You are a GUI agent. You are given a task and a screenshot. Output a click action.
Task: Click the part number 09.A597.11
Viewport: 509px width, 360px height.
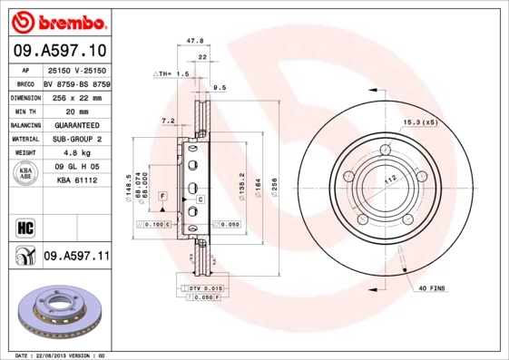click(x=76, y=257)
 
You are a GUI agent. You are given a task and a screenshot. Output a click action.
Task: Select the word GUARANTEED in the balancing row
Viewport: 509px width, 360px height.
click(x=76, y=125)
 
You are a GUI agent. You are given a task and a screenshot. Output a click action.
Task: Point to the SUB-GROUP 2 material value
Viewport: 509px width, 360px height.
click(x=76, y=139)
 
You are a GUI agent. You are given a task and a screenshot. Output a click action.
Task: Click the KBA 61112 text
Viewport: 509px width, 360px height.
click(x=76, y=181)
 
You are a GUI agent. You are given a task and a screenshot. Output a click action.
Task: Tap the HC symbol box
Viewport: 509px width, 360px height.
click(x=24, y=227)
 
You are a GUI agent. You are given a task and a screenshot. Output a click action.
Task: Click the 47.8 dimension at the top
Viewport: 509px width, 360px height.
click(x=193, y=41)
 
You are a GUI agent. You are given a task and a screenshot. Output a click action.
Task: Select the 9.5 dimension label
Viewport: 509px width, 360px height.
click(x=219, y=88)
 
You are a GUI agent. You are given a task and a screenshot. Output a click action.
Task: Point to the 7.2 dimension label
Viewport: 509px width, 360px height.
click(x=167, y=120)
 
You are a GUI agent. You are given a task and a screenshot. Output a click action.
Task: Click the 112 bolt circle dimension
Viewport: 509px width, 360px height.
click(x=391, y=181)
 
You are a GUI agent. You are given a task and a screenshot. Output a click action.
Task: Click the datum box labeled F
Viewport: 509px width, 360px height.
click(x=162, y=195)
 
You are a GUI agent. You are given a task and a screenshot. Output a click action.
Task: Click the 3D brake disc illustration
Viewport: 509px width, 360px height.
click(x=56, y=313)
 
